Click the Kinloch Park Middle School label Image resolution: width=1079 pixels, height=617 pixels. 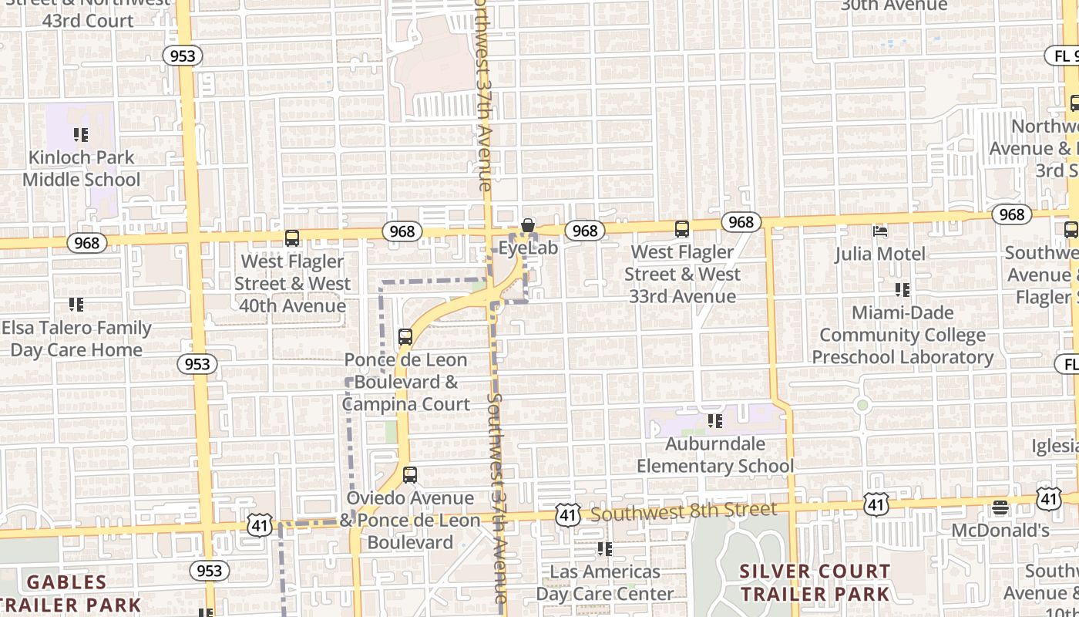(x=81, y=168)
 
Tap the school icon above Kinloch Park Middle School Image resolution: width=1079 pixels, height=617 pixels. (x=81, y=136)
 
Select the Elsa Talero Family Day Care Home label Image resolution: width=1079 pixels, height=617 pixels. (x=76, y=339)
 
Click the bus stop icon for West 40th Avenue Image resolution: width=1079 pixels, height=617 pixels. (x=292, y=238)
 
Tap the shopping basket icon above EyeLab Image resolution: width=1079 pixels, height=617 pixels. (x=528, y=226)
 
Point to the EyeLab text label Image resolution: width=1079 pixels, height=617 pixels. (x=528, y=248)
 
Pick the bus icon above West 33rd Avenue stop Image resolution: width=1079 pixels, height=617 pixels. (x=682, y=229)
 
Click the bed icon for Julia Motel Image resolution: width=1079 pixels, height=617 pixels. (x=879, y=231)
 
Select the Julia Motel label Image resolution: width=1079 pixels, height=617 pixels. (x=880, y=253)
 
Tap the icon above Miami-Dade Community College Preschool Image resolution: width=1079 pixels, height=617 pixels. (x=903, y=290)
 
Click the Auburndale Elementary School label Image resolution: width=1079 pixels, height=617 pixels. (x=714, y=455)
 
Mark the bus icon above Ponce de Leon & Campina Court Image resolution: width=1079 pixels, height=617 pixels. (x=405, y=337)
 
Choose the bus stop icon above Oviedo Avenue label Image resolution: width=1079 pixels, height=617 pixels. (x=410, y=475)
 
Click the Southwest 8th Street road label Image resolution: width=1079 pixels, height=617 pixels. (x=684, y=511)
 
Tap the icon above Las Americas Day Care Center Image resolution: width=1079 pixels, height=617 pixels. (x=605, y=549)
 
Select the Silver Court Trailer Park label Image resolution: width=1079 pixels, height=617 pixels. (x=815, y=583)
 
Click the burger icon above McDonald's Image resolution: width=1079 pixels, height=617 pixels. (x=1000, y=507)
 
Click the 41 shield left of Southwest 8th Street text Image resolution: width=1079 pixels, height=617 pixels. (x=568, y=514)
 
